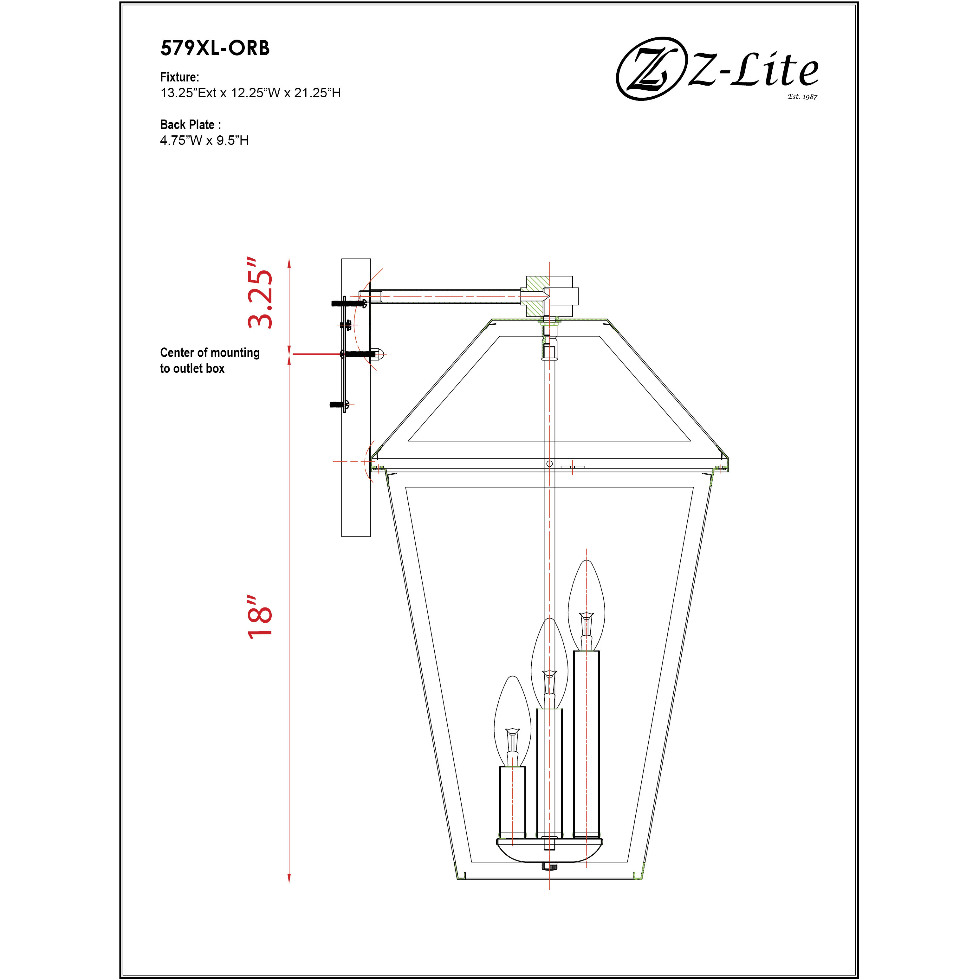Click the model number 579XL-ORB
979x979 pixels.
point(215,48)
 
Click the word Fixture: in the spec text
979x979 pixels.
point(179,77)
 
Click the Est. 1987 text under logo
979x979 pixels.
point(802,96)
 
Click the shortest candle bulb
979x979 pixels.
point(512,722)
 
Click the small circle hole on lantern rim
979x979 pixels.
point(549,464)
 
